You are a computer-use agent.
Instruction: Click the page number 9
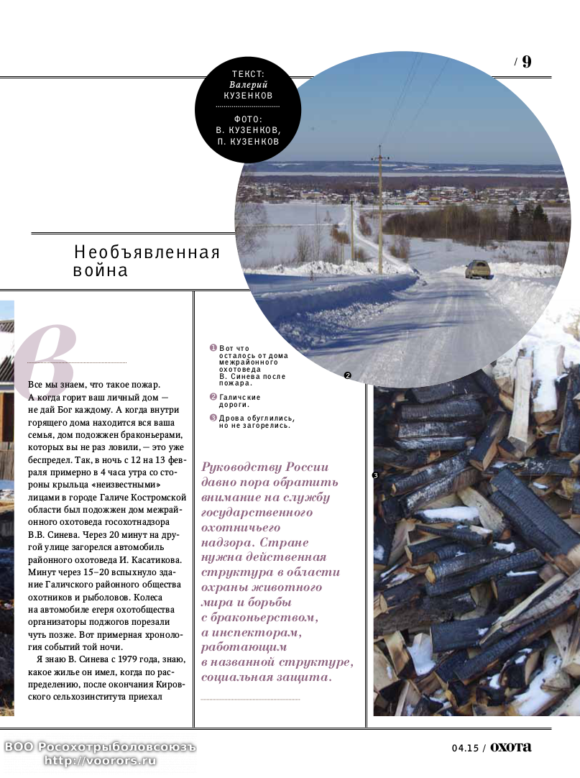[x=527, y=62]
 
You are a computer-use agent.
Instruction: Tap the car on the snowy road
[x=478, y=270]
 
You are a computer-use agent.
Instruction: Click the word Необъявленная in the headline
[x=147, y=252]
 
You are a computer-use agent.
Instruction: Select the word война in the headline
[x=101, y=270]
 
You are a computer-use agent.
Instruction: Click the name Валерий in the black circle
[x=248, y=84]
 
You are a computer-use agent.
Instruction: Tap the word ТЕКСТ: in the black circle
[x=248, y=74]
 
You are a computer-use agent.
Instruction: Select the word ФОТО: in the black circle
[x=248, y=119]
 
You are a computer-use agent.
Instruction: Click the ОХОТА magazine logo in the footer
[x=511, y=747]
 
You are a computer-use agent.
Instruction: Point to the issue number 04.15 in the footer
[x=465, y=748]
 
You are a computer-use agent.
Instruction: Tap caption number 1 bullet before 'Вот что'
[x=213, y=348]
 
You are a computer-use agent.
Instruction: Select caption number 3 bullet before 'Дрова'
[x=213, y=418]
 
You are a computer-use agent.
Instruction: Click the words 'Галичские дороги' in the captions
[x=240, y=401]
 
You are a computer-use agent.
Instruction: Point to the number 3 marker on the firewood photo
[x=375, y=475]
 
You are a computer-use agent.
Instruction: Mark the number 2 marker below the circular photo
[x=347, y=375]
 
